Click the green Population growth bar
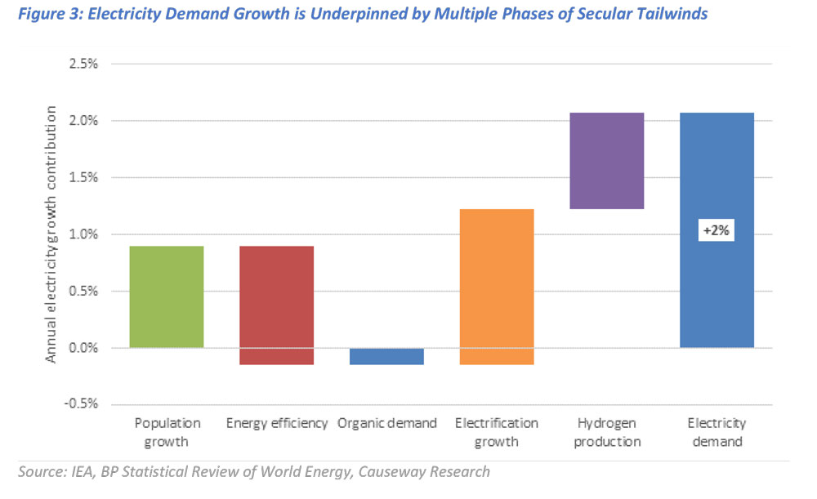(x=166, y=296)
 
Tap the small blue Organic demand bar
(x=386, y=356)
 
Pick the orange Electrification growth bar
(x=496, y=286)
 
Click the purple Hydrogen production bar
(x=606, y=161)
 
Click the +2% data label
(x=717, y=232)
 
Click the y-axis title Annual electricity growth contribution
(x=51, y=234)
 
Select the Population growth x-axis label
(x=166, y=432)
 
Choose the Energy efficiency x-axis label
(x=276, y=423)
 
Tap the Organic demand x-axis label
(x=386, y=423)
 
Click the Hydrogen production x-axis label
(x=606, y=432)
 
